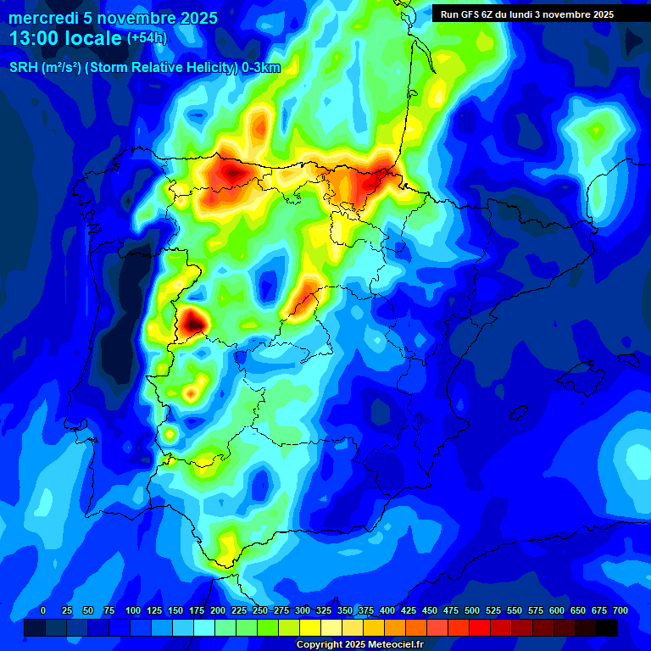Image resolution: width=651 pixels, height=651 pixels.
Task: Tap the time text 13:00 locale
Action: (65, 37)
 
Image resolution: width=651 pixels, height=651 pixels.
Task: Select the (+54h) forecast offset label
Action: (147, 37)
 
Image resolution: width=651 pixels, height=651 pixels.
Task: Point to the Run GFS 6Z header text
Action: (470, 14)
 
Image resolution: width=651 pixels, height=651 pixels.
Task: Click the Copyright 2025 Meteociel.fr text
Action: (359, 644)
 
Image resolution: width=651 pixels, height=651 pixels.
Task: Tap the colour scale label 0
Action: (43, 610)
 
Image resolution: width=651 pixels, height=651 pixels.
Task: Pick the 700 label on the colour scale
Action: (620, 610)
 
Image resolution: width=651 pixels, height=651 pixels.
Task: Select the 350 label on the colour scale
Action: (345, 610)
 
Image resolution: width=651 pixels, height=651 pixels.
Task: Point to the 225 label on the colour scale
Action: (239, 610)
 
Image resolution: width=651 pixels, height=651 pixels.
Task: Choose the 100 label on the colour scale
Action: (133, 610)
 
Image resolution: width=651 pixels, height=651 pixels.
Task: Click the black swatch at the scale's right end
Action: (607, 627)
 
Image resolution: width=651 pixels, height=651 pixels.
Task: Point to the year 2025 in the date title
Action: (198, 18)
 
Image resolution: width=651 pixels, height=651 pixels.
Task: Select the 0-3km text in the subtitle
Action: (260, 68)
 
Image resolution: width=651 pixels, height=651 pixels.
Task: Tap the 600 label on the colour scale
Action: (557, 610)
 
